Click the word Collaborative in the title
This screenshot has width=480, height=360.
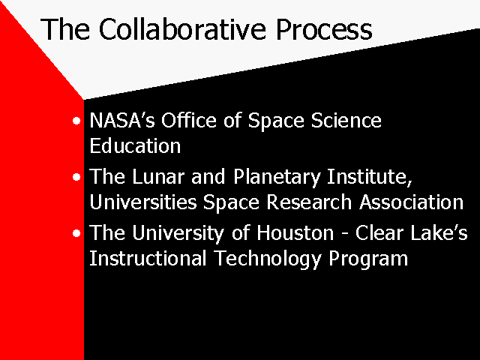(182, 29)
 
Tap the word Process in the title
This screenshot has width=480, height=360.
(324, 29)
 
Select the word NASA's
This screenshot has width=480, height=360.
(122, 120)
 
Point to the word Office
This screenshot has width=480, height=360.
(189, 120)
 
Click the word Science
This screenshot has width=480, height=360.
(346, 120)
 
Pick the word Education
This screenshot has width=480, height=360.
(135, 145)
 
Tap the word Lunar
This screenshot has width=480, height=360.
(158, 177)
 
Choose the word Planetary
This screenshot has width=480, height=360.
(277, 178)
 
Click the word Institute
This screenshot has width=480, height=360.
(370, 177)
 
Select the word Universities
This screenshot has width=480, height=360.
(143, 202)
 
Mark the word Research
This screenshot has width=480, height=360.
(309, 202)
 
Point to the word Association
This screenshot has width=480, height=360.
(412, 202)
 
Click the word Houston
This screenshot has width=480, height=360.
(295, 233)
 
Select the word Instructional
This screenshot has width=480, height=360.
(148, 258)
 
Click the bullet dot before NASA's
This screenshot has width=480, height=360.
(76, 121)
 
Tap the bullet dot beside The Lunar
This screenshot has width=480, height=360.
(76, 177)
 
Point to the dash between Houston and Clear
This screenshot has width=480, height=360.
(345, 235)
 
